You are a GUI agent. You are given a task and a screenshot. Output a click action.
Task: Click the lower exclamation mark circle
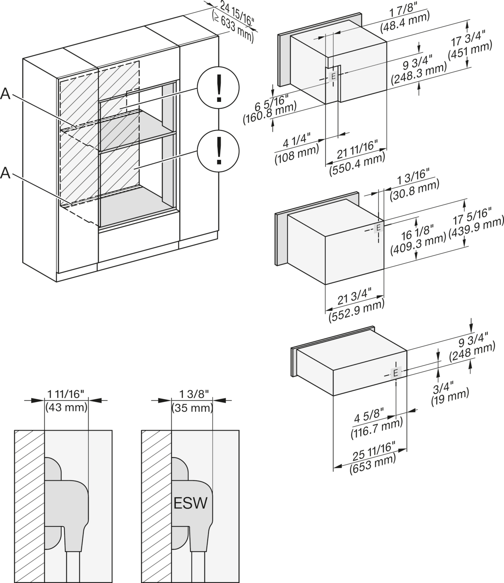(218, 151)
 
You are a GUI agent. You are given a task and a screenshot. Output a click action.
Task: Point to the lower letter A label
(5, 173)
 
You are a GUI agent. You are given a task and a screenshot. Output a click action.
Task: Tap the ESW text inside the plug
(189, 503)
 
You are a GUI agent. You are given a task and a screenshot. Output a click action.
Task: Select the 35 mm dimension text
(192, 407)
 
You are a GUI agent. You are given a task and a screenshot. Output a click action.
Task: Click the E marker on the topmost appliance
(333, 77)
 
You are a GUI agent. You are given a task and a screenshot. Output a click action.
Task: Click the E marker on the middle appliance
(378, 228)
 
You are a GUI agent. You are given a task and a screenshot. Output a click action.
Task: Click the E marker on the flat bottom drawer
(396, 372)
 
